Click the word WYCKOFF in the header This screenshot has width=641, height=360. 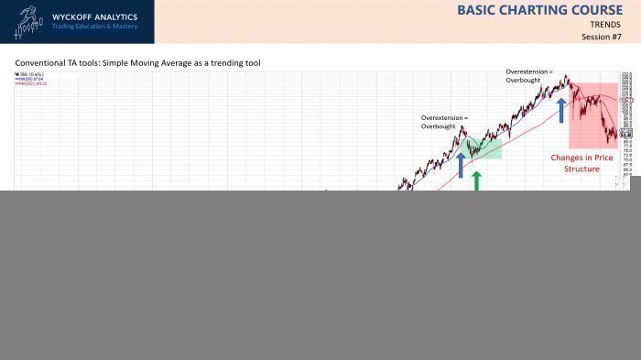(x=71, y=16)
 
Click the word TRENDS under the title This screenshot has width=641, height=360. (x=605, y=25)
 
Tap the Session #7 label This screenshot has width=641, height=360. (x=601, y=37)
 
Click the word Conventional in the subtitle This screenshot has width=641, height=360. (x=38, y=63)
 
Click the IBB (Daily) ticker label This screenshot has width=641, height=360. (x=30, y=73)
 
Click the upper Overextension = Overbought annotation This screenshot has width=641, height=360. (x=529, y=76)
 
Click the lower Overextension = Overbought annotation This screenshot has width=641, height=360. (x=444, y=123)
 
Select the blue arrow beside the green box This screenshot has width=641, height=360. (x=461, y=164)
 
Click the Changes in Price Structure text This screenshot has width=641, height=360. (x=581, y=163)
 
